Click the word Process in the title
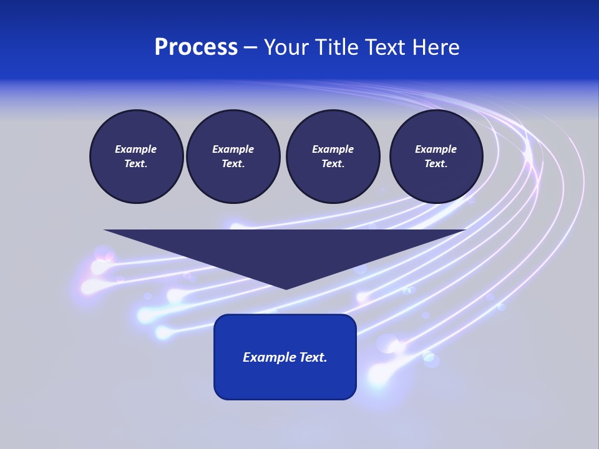pyautogui.click(x=196, y=47)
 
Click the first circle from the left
pyautogui.click(x=137, y=157)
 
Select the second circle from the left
pyautogui.click(x=233, y=157)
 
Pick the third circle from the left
pyautogui.click(x=333, y=157)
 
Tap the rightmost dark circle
pyautogui.click(x=436, y=157)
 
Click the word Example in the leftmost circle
pyautogui.click(x=136, y=149)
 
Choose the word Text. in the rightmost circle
pyautogui.click(x=436, y=164)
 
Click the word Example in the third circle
pyautogui.click(x=333, y=149)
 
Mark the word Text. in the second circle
pyautogui.click(x=233, y=164)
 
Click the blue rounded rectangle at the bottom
pyautogui.click(x=285, y=380)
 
